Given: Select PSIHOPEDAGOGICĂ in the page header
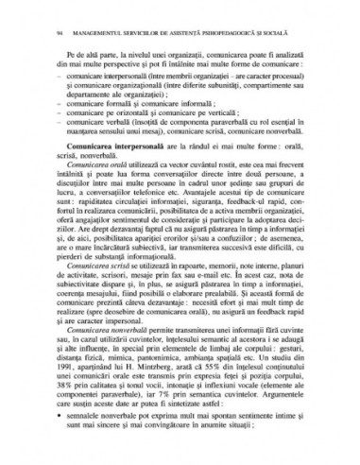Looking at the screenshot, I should pyautogui.click(x=232, y=36).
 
